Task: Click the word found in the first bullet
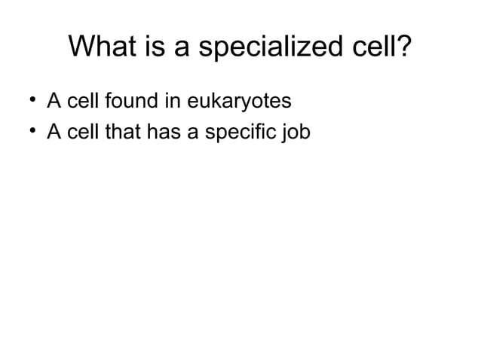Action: pos(130,100)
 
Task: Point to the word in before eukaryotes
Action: pos(170,100)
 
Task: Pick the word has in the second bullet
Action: pos(159,133)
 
